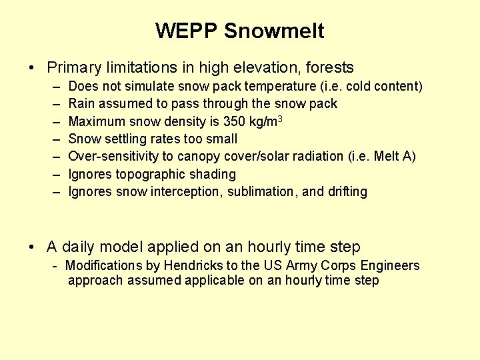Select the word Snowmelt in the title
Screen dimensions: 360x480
click(274, 31)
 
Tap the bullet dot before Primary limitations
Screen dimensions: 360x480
click(32, 68)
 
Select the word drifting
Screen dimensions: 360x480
click(347, 191)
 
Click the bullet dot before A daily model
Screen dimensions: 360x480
click(32, 247)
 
